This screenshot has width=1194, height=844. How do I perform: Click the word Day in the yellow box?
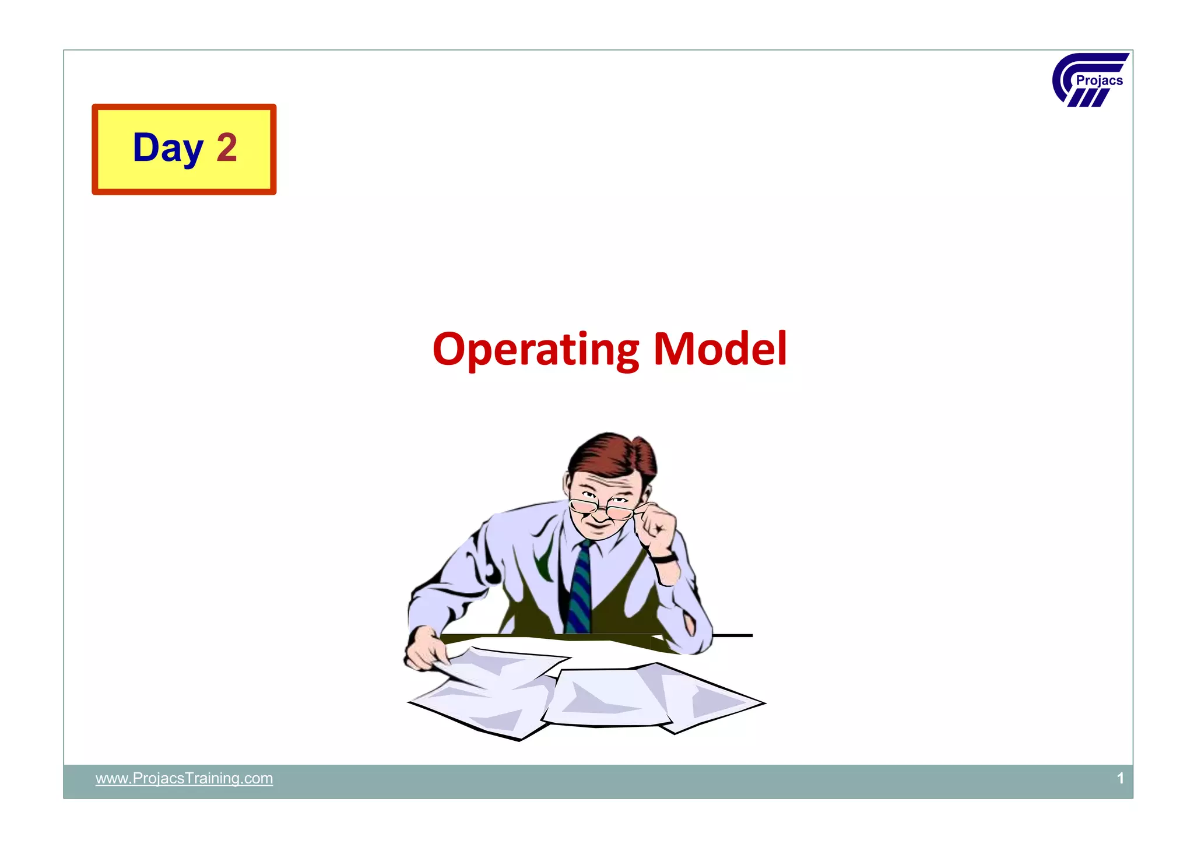pos(168,148)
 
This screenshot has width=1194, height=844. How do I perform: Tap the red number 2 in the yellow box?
pos(227,148)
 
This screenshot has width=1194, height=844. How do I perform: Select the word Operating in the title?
pos(535,349)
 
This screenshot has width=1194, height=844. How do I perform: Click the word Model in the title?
pos(720,349)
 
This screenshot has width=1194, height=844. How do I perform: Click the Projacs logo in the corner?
pos(1089,80)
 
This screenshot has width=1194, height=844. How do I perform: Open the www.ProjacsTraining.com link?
pos(184,779)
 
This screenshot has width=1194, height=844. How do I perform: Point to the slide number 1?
pos(1120,779)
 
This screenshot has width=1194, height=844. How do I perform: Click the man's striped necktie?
pos(580,589)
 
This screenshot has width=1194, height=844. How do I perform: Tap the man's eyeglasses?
pos(600,508)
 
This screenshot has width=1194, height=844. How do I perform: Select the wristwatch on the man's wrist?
pos(664,558)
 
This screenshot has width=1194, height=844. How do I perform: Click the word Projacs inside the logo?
pos(1099,81)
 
